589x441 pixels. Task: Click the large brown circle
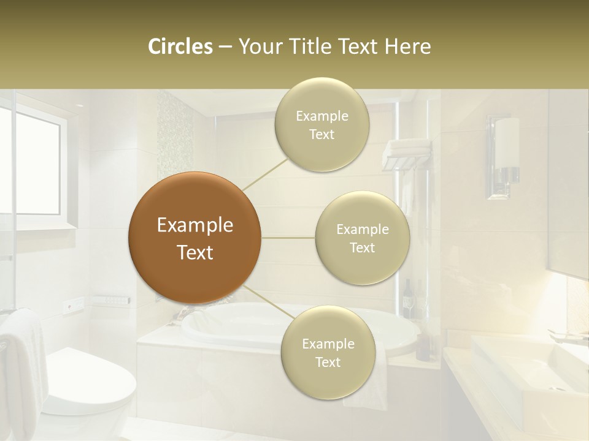pyautogui.click(x=194, y=238)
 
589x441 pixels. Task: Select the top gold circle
pyautogui.click(x=321, y=124)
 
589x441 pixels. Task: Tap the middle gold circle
pyautogui.click(x=362, y=238)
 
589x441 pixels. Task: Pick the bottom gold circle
pyautogui.click(x=328, y=352)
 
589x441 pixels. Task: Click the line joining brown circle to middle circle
pyautogui.click(x=288, y=238)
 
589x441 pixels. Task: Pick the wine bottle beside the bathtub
pyautogui.click(x=407, y=300)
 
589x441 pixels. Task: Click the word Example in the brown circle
pyautogui.click(x=194, y=225)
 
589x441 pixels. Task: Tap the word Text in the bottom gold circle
pyautogui.click(x=328, y=362)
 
